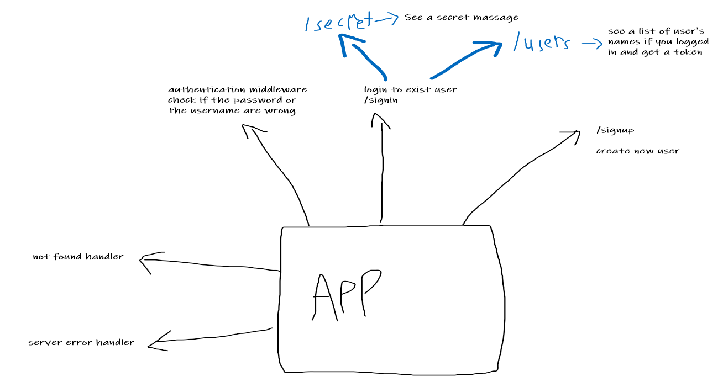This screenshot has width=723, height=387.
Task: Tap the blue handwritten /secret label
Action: (338, 23)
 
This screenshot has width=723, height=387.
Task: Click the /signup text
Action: (615, 131)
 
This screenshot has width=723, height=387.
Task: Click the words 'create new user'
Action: (637, 151)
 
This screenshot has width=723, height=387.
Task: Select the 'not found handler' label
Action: (78, 257)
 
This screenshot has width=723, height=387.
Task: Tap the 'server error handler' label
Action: (81, 342)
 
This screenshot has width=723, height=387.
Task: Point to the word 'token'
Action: (687, 52)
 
